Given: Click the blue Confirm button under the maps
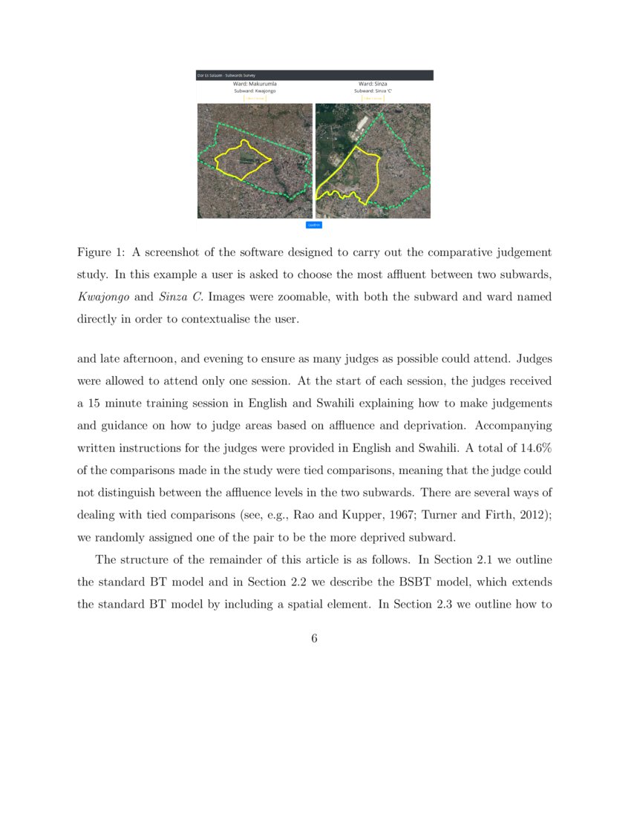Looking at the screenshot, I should click(x=314, y=224).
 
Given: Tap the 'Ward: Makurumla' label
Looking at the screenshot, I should click(x=255, y=85).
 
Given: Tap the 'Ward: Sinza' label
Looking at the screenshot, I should click(x=373, y=85).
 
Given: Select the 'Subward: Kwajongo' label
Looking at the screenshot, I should click(x=255, y=91).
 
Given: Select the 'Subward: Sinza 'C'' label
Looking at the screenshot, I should click(x=373, y=91).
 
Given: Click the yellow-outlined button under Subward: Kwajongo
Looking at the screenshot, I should click(x=255, y=98).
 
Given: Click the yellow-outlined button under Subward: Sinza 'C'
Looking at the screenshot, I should click(x=373, y=98).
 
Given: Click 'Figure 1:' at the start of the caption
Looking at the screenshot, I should click(x=101, y=253).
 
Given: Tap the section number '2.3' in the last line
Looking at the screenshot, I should click(x=442, y=605).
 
